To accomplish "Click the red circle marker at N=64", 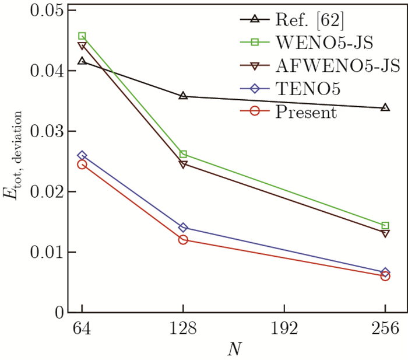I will click(x=82, y=165).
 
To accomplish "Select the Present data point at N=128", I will click(x=183, y=239).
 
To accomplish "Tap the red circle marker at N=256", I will click(x=385, y=276).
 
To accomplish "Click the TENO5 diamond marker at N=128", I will click(x=183, y=228).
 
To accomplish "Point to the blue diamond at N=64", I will click(x=82, y=156).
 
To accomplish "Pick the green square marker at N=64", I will click(x=82, y=36).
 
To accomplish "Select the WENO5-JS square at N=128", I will click(x=183, y=154).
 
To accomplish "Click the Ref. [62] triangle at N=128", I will click(x=183, y=96).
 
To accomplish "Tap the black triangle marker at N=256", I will click(x=385, y=107).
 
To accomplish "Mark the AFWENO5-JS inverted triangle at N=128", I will click(x=183, y=165).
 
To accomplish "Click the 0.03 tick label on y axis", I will click(x=45, y=131).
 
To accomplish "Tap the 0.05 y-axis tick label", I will click(x=45, y=11).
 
